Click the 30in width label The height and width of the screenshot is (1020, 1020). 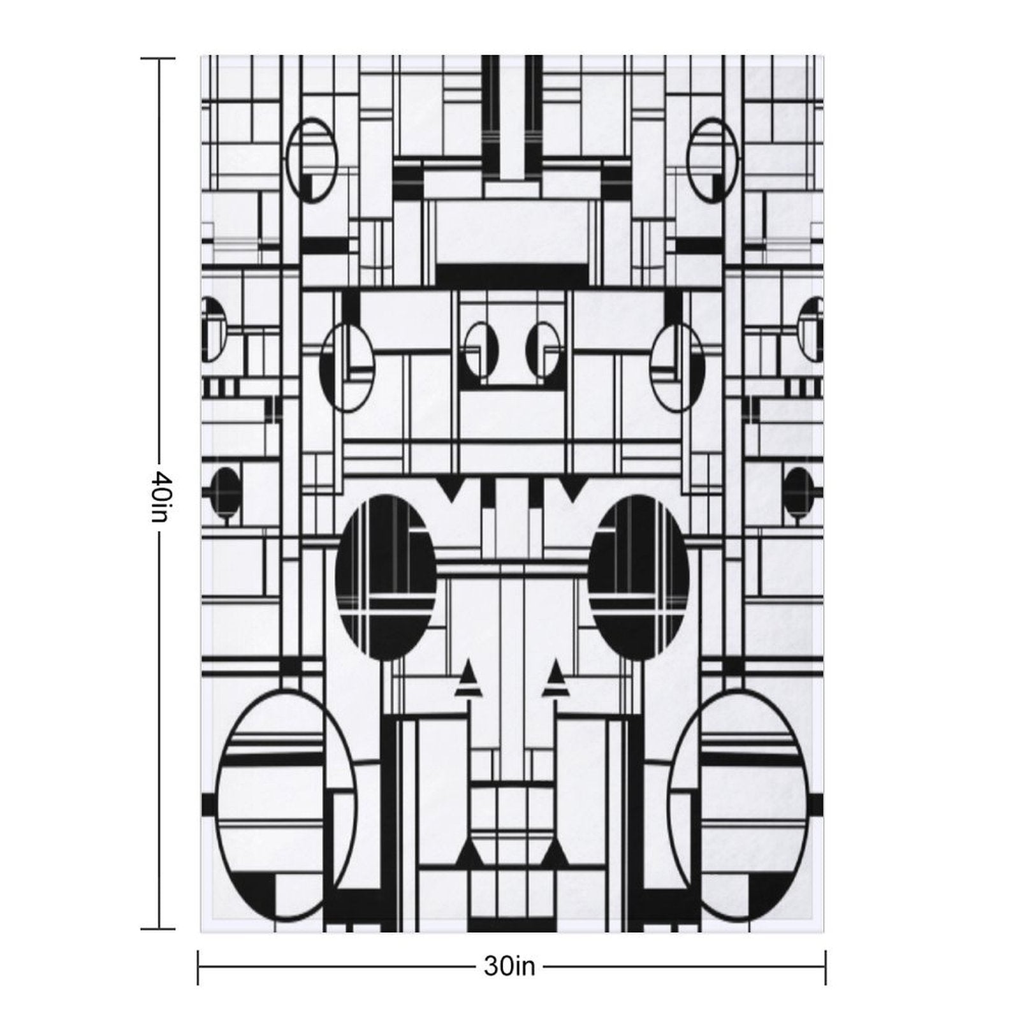pos(509,967)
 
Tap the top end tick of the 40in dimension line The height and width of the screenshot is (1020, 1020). pos(158,59)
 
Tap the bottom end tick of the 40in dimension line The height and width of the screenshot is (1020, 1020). pos(158,929)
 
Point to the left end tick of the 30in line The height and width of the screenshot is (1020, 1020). pos(198,967)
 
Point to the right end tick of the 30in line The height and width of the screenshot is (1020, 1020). pos(826,967)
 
